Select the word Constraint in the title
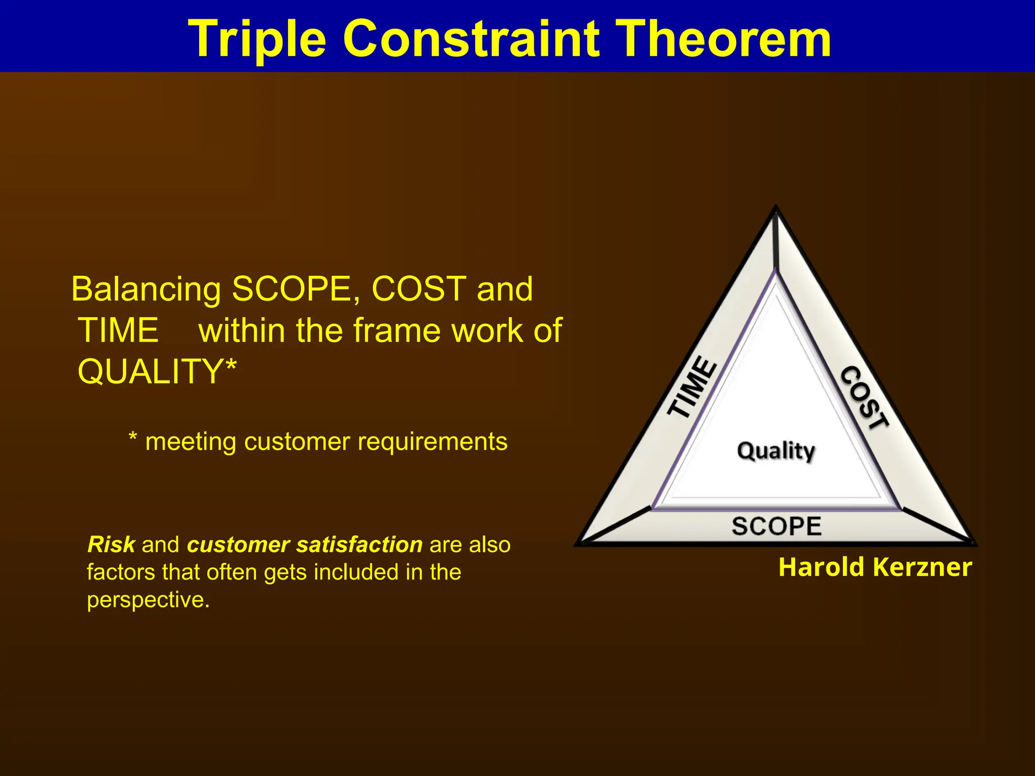472,38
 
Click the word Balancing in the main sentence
146,290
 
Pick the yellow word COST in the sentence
418,289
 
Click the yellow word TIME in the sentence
118,330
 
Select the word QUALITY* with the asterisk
157,371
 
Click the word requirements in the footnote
432,442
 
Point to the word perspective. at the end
148,600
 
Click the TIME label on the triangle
692,387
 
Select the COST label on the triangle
864,398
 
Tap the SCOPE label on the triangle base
777,526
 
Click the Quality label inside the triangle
776,451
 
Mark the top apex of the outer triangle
776,207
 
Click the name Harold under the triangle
821,567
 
